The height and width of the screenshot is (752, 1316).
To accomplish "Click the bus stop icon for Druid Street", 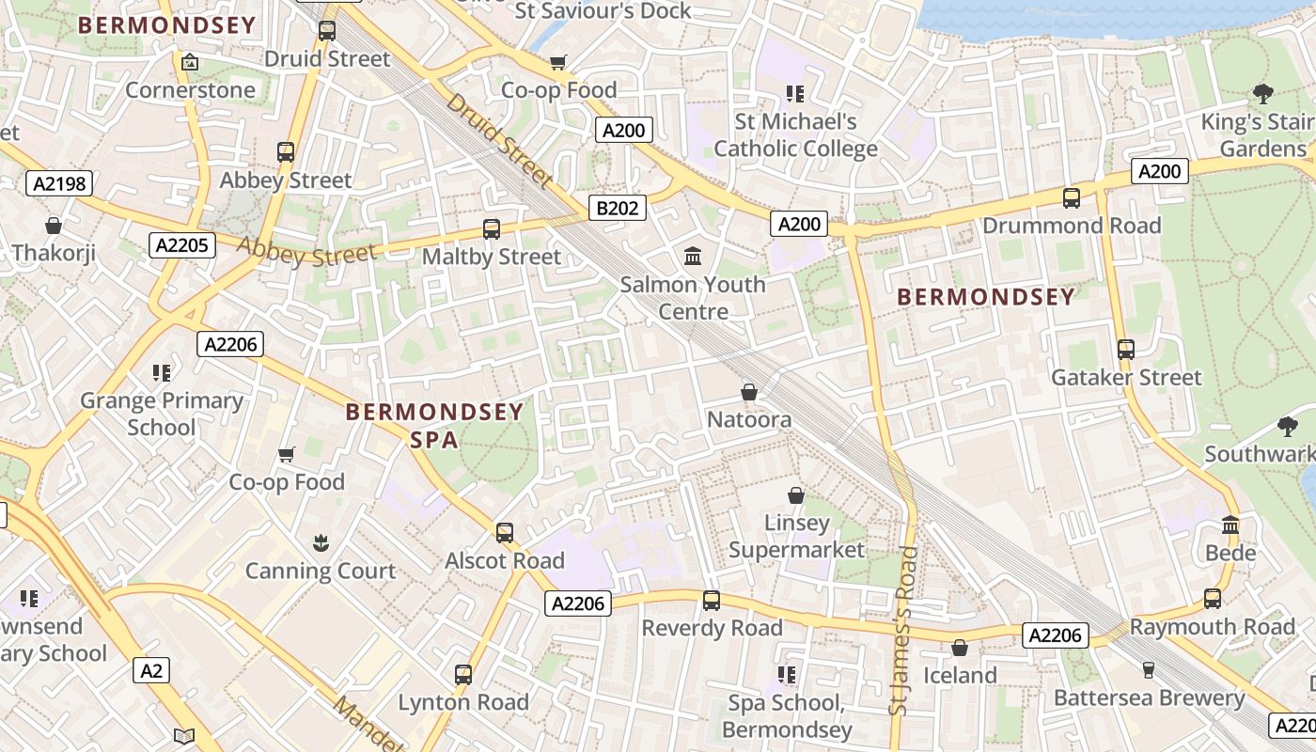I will (326, 30).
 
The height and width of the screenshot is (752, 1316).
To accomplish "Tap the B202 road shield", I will (618, 208).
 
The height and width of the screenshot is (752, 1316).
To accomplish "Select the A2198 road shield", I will (59, 183).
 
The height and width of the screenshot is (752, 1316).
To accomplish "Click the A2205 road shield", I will (183, 245).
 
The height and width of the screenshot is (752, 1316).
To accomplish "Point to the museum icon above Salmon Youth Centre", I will (693, 255).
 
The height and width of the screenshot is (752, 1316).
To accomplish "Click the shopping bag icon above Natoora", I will (749, 391).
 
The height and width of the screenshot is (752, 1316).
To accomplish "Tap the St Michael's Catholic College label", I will (795, 134).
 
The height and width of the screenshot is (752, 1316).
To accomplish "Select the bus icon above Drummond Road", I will (1071, 197).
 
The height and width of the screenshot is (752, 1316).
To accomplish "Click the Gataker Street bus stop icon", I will (1125, 350).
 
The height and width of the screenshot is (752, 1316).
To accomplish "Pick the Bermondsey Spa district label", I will (433, 425).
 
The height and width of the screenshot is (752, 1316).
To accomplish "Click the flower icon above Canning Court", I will (321, 542).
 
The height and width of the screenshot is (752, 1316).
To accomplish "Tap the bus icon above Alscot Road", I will (505, 533).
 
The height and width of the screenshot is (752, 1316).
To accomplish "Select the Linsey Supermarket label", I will (796, 536).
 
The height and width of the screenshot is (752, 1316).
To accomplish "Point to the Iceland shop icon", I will (959, 648).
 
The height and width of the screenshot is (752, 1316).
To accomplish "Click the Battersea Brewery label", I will (1149, 697).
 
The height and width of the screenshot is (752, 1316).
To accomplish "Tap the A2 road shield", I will (151, 670).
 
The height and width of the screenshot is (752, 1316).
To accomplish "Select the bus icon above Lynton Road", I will (462, 674).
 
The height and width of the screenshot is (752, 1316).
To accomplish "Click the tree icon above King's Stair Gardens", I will (1262, 93).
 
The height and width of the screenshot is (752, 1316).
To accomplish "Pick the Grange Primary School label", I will (162, 414).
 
